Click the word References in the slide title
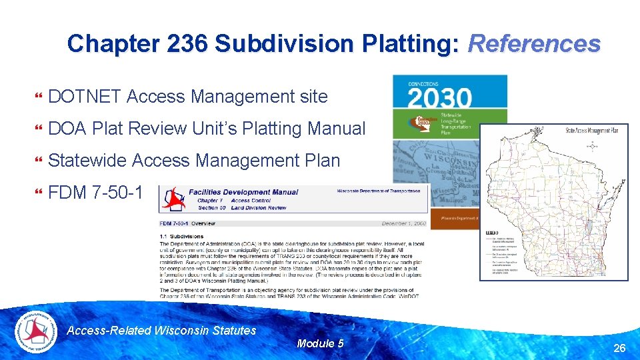click(534, 44)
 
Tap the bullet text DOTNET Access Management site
click(188, 97)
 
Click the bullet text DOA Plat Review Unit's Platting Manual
click(207, 129)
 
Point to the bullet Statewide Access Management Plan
click(194, 161)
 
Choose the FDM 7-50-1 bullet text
click(95, 193)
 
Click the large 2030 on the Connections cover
click(439, 99)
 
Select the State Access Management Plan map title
click(591, 130)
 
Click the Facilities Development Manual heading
click(243, 192)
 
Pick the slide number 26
click(619, 348)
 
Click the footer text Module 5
click(320, 343)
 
